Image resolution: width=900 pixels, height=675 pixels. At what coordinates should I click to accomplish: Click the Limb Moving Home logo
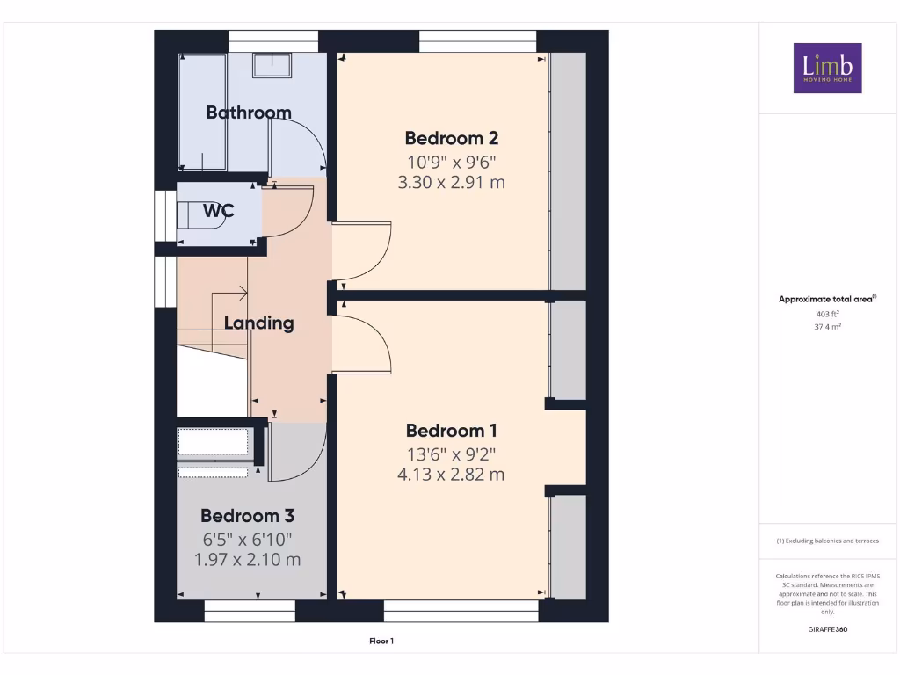827,68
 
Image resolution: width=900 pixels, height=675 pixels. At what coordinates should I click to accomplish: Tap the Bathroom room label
248,112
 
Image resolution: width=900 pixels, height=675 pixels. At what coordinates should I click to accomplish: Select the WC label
218,211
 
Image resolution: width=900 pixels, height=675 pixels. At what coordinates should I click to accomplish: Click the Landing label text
258,323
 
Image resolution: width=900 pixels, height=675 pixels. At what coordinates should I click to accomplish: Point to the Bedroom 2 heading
451,138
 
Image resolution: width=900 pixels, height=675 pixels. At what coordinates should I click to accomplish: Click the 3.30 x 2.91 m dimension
451,183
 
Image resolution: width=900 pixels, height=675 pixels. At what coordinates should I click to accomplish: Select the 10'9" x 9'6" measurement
451,161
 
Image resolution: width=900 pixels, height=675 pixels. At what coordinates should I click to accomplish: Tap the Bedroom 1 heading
451,431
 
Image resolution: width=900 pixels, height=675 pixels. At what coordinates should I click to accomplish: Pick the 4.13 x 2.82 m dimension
451,475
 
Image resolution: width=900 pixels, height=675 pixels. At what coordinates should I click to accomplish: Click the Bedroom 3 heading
247,516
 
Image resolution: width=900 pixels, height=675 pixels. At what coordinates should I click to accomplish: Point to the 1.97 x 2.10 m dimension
247,559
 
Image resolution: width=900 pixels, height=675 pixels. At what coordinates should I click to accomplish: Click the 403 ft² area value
827,313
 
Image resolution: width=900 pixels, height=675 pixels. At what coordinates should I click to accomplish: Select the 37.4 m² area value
827,326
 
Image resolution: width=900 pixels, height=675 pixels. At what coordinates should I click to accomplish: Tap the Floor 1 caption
381,642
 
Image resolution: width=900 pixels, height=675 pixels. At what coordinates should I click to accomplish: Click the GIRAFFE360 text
827,629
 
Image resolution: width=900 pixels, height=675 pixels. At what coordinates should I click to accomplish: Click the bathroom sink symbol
272,65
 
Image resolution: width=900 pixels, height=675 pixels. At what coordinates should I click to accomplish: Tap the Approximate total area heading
827,300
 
